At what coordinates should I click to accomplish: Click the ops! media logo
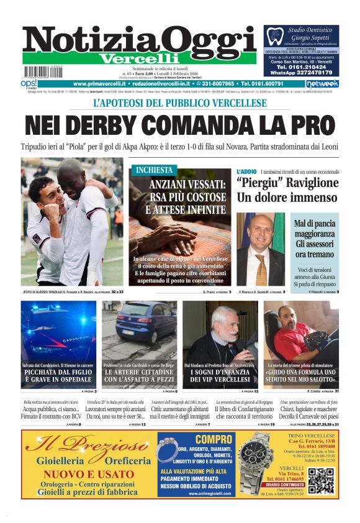[29, 83]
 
